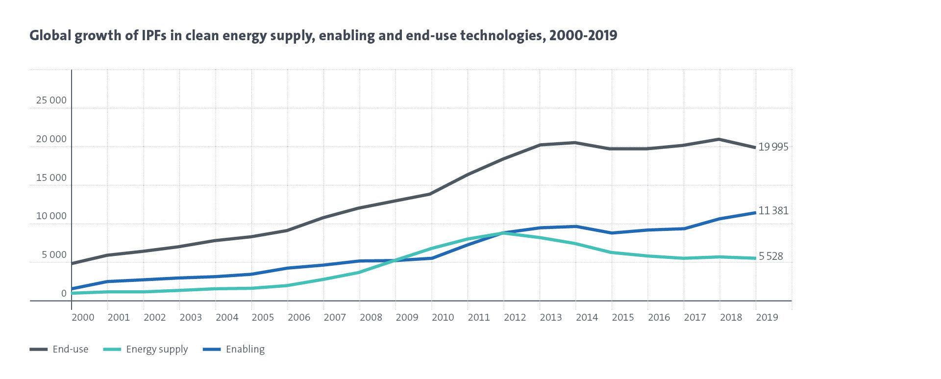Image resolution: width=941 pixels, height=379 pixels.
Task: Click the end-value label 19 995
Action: [x=773, y=147]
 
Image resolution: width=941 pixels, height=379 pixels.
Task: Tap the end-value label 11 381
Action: [x=773, y=211]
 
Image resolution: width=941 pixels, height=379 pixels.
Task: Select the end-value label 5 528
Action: [x=771, y=256]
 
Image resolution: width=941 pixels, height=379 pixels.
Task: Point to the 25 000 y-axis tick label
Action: [x=51, y=101]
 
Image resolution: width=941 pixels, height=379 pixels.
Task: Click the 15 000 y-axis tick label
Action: [x=51, y=178]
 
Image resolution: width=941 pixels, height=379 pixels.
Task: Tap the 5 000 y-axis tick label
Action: [x=54, y=255]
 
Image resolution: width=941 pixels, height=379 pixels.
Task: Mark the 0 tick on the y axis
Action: [x=64, y=294]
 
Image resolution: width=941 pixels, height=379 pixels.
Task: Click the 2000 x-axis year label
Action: [x=83, y=318]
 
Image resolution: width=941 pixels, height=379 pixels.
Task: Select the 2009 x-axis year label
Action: [x=407, y=318]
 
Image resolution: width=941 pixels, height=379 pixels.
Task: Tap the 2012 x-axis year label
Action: [x=515, y=318]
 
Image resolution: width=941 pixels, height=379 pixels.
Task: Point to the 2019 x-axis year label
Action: [x=767, y=318]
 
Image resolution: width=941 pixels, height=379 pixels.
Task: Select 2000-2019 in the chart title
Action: [x=583, y=36]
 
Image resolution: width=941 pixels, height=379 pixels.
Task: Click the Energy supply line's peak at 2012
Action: [x=504, y=233]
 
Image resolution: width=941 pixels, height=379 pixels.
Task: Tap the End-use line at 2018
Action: [x=719, y=139]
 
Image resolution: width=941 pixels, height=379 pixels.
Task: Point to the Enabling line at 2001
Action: [x=108, y=281]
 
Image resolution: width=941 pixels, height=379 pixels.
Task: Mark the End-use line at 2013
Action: [x=540, y=145]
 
